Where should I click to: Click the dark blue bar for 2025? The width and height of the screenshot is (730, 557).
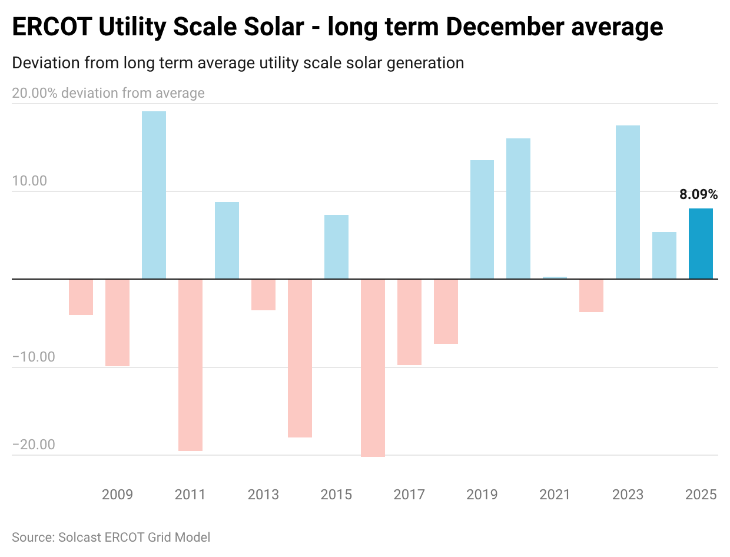coord(701,244)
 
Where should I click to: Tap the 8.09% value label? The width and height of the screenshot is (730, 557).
coord(699,194)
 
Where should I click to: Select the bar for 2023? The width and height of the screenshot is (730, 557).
coord(628,202)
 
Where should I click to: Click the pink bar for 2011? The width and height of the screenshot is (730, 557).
coord(190,365)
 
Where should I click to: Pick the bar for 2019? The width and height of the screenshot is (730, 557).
coord(482,220)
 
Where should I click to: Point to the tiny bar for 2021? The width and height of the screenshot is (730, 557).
coord(555,277)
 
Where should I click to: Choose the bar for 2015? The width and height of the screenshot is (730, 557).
coord(336,247)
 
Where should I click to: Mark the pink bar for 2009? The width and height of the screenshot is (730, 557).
coord(117,323)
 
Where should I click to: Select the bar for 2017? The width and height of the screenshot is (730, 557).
coord(409,322)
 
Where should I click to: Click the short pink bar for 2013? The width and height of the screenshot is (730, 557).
coord(263,294)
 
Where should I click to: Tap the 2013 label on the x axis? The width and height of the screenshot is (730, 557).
coord(263,494)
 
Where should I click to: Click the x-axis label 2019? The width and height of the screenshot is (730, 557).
coord(482,494)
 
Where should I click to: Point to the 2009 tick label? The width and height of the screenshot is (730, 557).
coord(117,494)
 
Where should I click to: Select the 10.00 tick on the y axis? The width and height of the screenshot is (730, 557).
coord(29,181)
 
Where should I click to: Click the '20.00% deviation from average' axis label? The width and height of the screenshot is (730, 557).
coord(108,93)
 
